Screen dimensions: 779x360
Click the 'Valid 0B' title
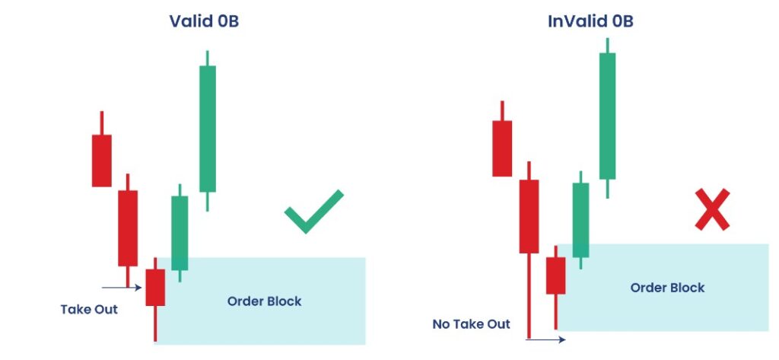[x=204, y=21]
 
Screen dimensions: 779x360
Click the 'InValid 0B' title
[x=590, y=21]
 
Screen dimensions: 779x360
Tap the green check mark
[x=314, y=212]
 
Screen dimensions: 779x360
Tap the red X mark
[x=712, y=209]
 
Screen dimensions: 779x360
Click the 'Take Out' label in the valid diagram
[x=89, y=309]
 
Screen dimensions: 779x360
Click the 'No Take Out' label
[x=471, y=324]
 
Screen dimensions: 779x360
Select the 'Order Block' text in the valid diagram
[x=264, y=301]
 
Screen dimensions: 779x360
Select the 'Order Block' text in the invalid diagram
[x=667, y=288]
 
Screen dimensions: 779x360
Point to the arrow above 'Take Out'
[x=122, y=288]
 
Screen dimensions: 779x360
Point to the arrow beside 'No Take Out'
[x=545, y=339]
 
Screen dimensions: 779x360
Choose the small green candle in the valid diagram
[x=180, y=233]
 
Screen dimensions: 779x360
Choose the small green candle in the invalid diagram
[x=580, y=220]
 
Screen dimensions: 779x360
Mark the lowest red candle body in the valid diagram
[x=155, y=288]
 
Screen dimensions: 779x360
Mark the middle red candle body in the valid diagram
[x=128, y=228]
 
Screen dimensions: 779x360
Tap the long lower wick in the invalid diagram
[x=529, y=296]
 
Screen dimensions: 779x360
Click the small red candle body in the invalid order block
[x=555, y=276]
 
